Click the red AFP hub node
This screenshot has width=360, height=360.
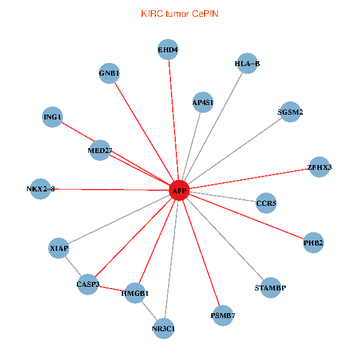click(179, 190)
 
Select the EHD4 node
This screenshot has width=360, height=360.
click(168, 50)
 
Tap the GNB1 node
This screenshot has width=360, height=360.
click(109, 73)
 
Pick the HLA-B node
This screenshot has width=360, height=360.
click(247, 63)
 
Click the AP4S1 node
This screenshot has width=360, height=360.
click(203, 103)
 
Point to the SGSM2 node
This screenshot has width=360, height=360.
click(290, 112)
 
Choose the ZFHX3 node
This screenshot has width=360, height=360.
click(319, 167)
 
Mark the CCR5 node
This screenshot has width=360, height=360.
click(266, 203)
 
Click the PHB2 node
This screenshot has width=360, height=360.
click(313, 243)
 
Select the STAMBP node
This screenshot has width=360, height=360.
click(271, 287)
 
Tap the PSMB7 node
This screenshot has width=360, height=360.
click(223, 314)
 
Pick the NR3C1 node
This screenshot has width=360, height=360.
click(164, 328)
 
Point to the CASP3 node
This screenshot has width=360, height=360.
click(88, 283)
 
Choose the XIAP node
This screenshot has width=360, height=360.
click(59, 248)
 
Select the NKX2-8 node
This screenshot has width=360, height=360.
click(40, 188)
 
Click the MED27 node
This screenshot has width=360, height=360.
click(100, 149)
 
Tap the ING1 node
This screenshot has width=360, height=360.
click(53, 117)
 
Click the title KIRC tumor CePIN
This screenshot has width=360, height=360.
click(179, 13)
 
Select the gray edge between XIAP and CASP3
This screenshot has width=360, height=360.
click(73, 265)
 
